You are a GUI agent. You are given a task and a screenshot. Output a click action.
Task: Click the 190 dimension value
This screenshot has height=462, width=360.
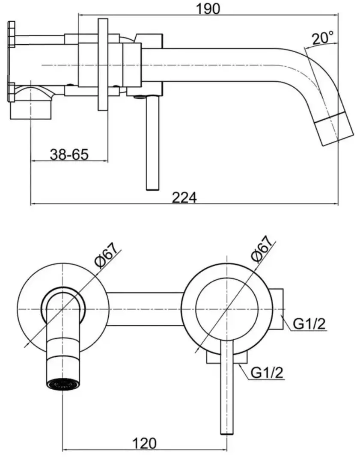(x=208, y=9)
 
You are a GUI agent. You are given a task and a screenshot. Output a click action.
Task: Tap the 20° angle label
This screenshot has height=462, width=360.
(x=323, y=38)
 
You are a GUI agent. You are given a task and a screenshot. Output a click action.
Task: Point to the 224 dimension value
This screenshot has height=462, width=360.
(x=184, y=197)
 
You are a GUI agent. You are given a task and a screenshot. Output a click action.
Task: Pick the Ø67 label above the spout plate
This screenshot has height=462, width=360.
(x=108, y=255)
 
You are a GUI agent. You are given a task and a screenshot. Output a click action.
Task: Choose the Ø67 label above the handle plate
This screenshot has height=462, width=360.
(x=262, y=249)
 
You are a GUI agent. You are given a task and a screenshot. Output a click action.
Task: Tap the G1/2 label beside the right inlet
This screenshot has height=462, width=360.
(x=309, y=324)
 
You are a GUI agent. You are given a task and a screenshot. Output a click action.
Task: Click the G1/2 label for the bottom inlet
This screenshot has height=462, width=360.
(x=267, y=373)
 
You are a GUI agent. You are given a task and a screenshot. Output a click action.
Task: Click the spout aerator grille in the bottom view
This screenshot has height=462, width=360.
(x=63, y=384)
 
